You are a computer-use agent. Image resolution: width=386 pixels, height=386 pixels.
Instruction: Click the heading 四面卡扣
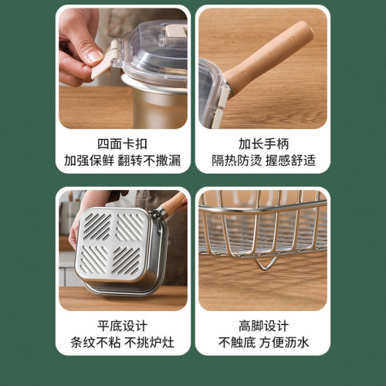(122, 144)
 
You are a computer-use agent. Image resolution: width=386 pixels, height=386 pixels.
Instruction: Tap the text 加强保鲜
(90, 161)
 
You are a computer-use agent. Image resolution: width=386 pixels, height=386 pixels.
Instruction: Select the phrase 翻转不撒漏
(149, 161)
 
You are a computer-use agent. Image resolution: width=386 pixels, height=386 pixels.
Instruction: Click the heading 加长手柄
(264, 144)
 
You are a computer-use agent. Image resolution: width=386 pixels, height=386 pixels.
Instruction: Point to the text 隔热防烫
(237, 161)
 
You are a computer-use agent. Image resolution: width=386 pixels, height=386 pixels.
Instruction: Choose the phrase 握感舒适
(291, 161)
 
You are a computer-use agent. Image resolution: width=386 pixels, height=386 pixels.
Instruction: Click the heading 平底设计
(122, 326)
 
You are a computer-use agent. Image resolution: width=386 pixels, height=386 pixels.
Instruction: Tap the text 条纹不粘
(96, 343)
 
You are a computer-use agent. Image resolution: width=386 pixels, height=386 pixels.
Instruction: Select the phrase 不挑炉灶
(150, 343)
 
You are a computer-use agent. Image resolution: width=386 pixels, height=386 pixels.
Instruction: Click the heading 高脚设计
(264, 326)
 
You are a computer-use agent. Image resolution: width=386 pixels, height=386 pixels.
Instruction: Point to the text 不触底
(237, 343)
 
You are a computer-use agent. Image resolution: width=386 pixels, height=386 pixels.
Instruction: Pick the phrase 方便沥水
(284, 343)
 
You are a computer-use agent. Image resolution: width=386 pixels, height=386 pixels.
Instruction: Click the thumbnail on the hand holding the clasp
(94, 56)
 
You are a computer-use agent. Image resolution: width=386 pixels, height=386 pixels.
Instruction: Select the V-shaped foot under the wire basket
(265, 264)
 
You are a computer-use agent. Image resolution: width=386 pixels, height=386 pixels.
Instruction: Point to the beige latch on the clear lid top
(175, 32)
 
